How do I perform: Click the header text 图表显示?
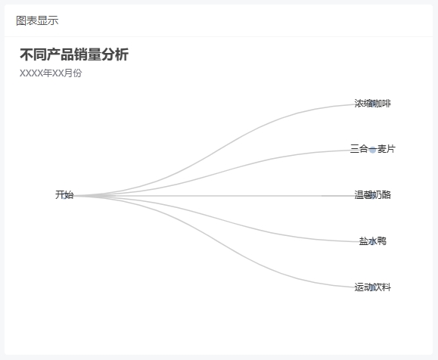coord(37,20)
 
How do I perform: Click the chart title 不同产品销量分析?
coord(74,54)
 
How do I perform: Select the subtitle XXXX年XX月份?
coord(51,73)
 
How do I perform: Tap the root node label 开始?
coord(64,194)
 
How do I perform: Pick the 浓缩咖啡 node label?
coord(373,104)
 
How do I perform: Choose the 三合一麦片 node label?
coord(373,149)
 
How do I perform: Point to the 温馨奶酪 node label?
coord(373,194)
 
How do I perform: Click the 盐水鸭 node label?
coord(373,241)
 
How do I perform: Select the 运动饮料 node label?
coord(373,287)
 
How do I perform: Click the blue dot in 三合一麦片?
coord(373,150)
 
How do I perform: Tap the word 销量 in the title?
coord(88,54)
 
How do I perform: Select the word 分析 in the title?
coord(115,54)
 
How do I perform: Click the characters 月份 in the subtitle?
coord(73,73)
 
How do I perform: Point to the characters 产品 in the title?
coord(61,54)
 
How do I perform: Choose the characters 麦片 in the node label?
coord(387,149)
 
